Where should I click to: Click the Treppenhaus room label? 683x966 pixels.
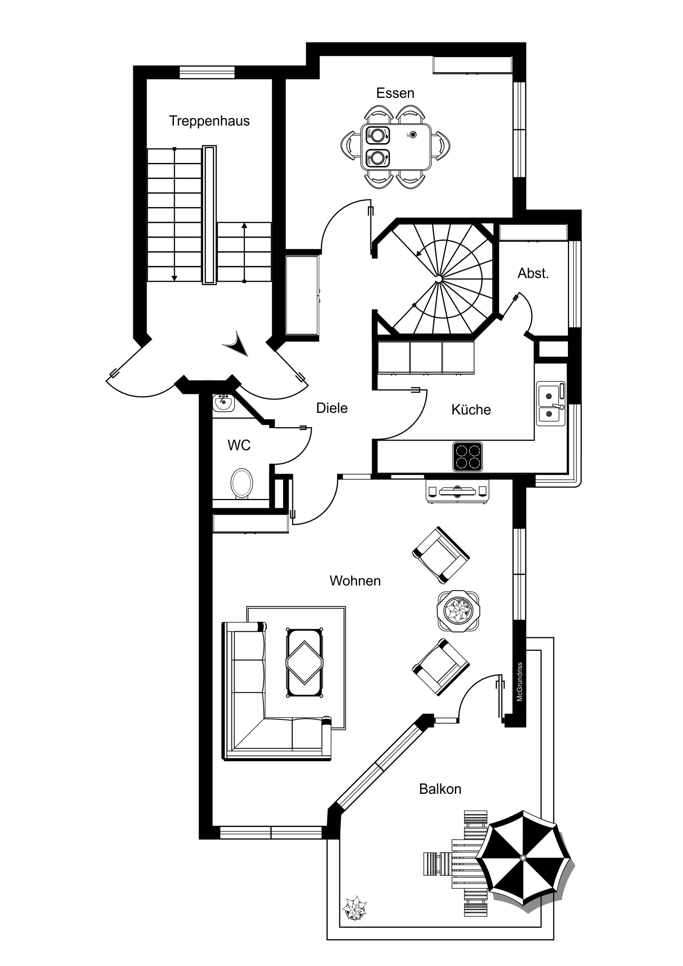(209, 121)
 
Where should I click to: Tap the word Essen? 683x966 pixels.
(395, 93)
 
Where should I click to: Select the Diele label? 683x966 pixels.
(332, 408)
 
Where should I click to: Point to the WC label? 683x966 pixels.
(239, 445)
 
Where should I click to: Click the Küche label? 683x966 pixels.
(471, 409)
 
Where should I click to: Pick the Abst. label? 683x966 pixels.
(533, 273)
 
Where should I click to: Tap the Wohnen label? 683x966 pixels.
(355, 580)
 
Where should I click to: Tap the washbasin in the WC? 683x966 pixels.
(223, 403)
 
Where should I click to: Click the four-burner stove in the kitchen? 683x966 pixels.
(468, 457)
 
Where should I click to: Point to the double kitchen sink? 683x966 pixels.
(551, 404)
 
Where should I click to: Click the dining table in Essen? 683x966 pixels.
(396, 147)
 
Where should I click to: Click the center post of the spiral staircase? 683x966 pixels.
(439, 278)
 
